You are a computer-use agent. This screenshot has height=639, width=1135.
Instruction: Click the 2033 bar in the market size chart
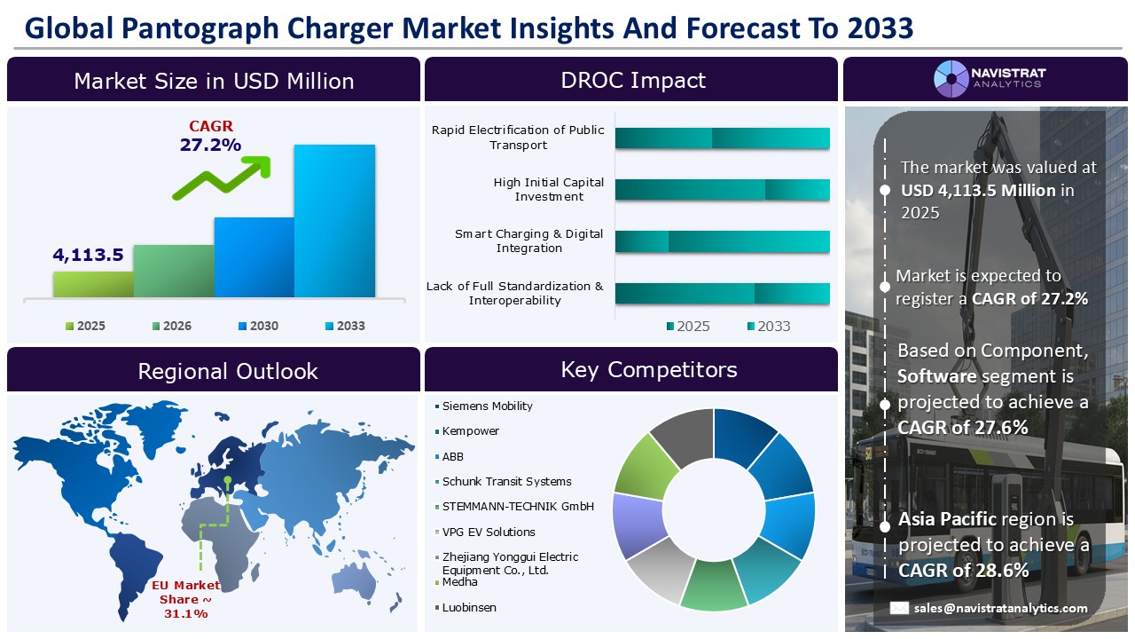[334, 221]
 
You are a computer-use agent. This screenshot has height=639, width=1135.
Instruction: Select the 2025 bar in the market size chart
[93, 284]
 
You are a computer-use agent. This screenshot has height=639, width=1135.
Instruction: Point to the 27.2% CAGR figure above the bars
[210, 145]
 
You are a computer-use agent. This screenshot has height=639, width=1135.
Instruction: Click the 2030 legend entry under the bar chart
[258, 326]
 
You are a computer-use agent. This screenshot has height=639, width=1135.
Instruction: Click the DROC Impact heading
[632, 80]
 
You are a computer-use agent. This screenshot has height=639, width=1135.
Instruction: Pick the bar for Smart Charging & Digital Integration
[722, 242]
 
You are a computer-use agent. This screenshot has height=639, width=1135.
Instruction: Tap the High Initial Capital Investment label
[548, 189]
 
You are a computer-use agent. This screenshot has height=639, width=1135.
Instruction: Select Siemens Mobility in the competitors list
[487, 406]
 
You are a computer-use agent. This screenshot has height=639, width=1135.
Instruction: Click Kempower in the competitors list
[470, 431]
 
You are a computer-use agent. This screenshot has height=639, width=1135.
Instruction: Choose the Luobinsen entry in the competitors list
[469, 608]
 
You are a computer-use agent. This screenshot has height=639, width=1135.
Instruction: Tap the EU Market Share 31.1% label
[185, 599]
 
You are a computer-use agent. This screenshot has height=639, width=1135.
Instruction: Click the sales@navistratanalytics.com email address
[1000, 608]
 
